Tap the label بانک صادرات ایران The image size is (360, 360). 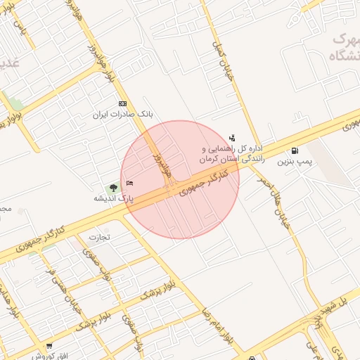[124, 113]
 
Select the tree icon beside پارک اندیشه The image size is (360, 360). [112, 188]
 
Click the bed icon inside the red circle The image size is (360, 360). [130, 184]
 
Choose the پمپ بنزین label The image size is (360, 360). [294, 161]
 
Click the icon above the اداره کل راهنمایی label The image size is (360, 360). [232, 138]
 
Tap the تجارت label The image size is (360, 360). [98, 238]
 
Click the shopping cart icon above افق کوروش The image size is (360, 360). [49, 346]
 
